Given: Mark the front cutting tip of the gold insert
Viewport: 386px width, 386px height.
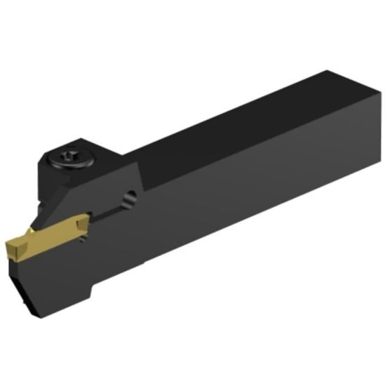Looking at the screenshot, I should [x=8, y=248].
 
